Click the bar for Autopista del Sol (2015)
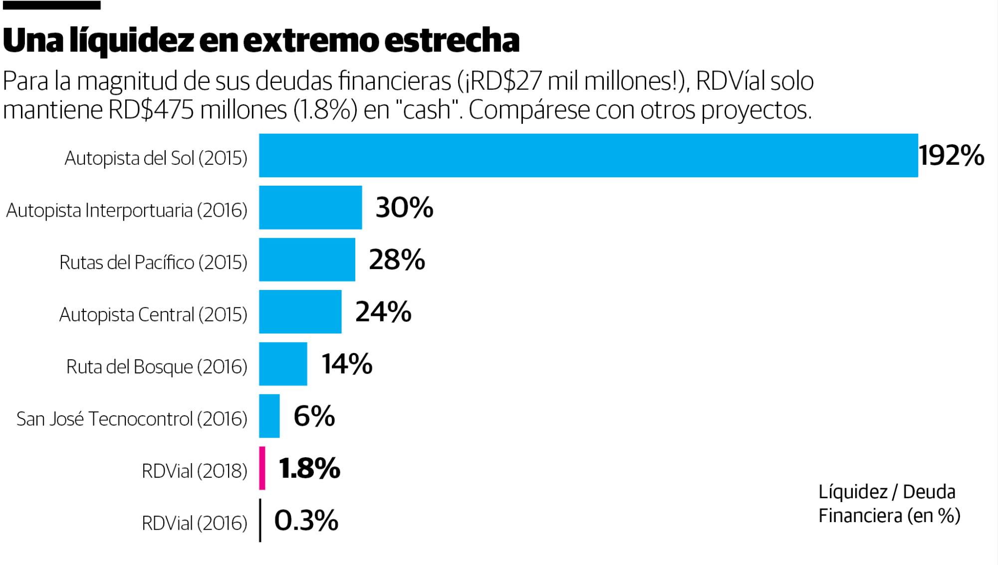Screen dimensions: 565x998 pos(588,155)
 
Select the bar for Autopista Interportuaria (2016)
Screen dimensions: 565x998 pos(310,208)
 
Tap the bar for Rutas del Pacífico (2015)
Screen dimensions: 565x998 pos(307,260)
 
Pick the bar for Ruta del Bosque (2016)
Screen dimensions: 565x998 pos(283,364)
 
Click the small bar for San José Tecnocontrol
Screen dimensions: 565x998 pos(269,416)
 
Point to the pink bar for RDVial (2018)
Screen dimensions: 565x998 pos(262,468)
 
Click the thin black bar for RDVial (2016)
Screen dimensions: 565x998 pos(260,520)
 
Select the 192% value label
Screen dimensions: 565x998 pos(951,156)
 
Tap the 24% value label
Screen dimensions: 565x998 pos(383,311)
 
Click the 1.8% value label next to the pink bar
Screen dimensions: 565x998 pos(309,468)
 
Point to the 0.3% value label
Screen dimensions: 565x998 pos(306,521)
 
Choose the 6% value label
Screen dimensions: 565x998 pos(314,416)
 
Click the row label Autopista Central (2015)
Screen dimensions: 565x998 pos(153,314)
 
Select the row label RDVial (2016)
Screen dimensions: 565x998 pos(194,523)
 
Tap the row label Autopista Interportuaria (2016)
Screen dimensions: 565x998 pos(127,210)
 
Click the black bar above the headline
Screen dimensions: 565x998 pos(51,5)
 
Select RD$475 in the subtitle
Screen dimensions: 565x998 pos(151,110)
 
